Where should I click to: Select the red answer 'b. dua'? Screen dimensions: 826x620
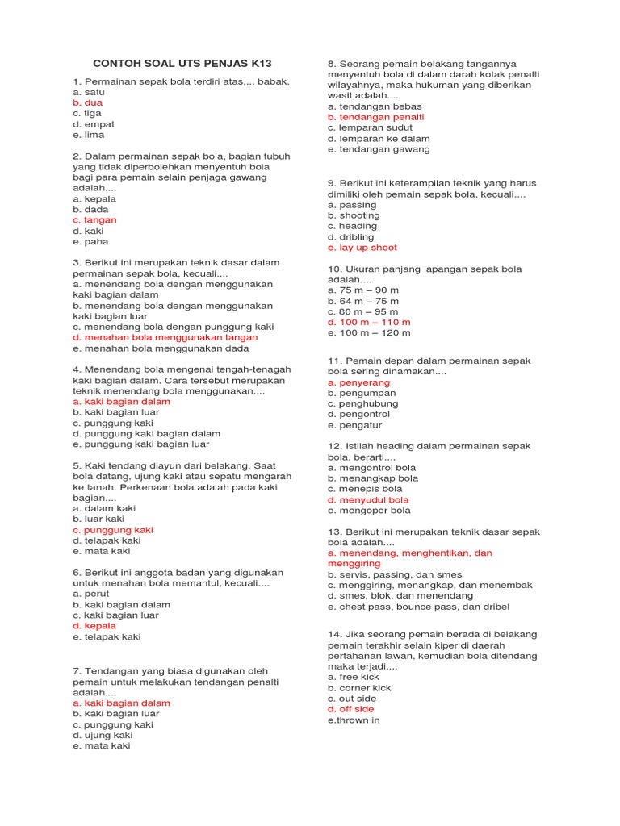88,103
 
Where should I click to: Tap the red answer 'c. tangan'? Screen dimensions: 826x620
94,220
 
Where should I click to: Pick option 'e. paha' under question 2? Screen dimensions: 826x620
90,242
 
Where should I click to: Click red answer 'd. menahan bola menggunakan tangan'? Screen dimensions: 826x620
165,338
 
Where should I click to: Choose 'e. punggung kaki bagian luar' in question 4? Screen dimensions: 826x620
140,444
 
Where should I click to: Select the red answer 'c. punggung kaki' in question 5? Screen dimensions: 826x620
112,530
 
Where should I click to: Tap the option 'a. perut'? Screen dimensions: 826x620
90,594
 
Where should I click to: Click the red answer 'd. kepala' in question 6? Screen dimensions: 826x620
94,626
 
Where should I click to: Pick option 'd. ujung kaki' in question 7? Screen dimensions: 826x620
103,736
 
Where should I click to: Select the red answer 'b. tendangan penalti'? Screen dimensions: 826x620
375,117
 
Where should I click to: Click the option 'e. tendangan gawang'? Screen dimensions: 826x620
379,149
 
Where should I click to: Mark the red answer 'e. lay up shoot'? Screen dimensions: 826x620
362,248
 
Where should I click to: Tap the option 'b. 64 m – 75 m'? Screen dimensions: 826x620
363,301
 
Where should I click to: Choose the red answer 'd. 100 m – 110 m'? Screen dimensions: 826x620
369,322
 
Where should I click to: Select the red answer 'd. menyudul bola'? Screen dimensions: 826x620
368,500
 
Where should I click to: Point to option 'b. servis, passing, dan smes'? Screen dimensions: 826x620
395,574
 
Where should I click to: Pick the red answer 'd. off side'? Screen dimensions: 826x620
351,709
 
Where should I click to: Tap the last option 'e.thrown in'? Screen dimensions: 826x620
354,720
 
